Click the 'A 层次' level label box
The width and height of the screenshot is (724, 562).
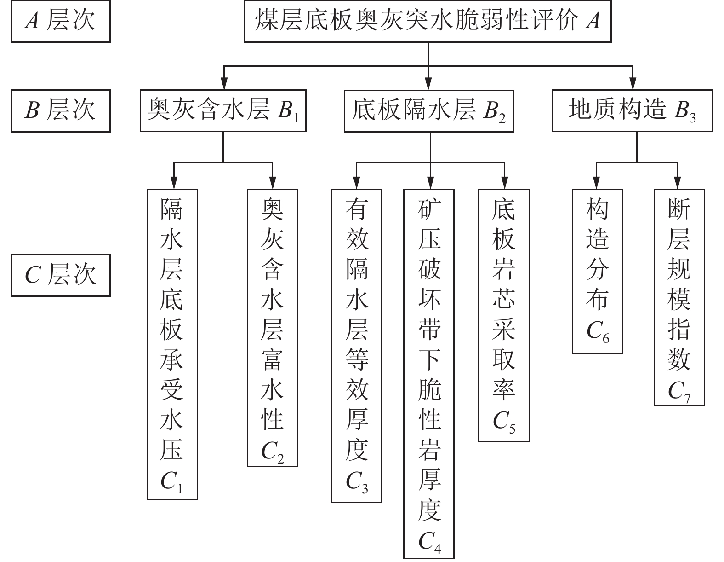click(60, 22)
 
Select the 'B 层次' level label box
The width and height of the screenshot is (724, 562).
click(60, 111)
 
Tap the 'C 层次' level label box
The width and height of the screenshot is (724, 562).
click(60, 275)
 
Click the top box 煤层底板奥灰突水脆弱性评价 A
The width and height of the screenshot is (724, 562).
click(428, 22)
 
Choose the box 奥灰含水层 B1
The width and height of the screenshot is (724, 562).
click(223, 111)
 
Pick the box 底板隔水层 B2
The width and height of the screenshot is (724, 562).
click(429, 111)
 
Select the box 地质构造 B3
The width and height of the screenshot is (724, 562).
click(632, 111)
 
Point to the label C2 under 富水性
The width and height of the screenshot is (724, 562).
click(272, 452)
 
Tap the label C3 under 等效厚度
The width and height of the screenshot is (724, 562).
click(356, 482)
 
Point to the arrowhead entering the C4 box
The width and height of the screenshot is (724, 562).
click(430, 182)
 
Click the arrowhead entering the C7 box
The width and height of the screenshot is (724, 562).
click(677, 182)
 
